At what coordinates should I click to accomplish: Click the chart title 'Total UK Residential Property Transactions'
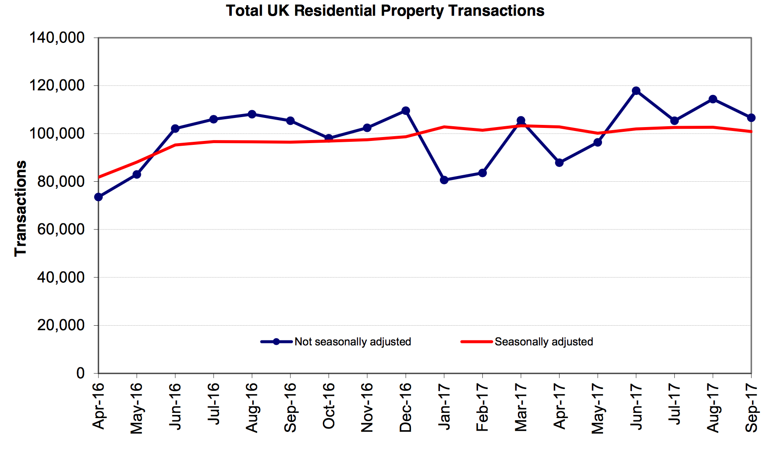pyautogui.click(x=385, y=10)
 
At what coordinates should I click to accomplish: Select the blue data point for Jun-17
pyautogui.click(x=636, y=91)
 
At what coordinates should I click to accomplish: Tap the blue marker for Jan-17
pyautogui.click(x=444, y=180)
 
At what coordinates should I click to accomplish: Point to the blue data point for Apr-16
pyautogui.click(x=98, y=197)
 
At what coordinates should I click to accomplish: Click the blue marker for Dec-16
pyautogui.click(x=406, y=111)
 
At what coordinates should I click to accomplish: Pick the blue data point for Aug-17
pyautogui.click(x=713, y=99)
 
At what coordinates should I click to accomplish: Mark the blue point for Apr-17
pyautogui.click(x=559, y=163)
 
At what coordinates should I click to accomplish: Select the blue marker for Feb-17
pyautogui.click(x=482, y=173)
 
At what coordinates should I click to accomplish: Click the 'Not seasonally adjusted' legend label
pyautogui.click(x=352, y=342)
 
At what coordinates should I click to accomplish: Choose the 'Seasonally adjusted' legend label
pyautogui.click(x=543, y=342)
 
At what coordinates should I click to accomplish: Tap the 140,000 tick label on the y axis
pyautogui.click(x=57, y=38)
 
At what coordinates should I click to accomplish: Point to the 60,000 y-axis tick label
pyautogui.click(x=61, y=229)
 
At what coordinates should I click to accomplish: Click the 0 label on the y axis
pyautogui.click(x=81, y=373)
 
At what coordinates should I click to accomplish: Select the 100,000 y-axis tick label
pyautogui.click(x=57, y=133)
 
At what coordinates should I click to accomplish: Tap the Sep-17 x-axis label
pyautogui.click(x=751, y=408)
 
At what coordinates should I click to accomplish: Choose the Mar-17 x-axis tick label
pyautogui.click(x=521, y=408)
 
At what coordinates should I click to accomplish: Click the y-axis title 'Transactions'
pyautogui.click(x=21, y=208)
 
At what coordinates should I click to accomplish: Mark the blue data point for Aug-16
pyautogui.click(x=252, y=114)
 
